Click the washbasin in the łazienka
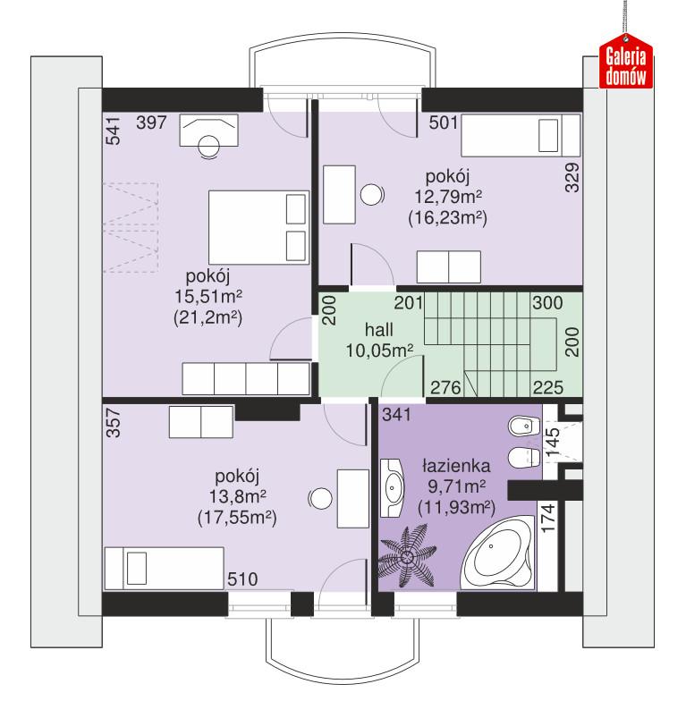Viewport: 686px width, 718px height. pyautogui.click(x=394, y=487)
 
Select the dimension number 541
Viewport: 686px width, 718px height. pyautogui.click(x=113, y=131)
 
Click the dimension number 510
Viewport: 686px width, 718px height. pyautogui.click(x=241, y=579)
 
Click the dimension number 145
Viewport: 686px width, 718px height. pyautogui.click(x=552, y=443)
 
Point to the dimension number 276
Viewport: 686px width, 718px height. pyautogui.click(x=445, y=386)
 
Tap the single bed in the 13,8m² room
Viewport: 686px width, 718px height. pyautogui.click(x=163, y=570)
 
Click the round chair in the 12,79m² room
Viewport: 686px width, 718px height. pyautogui.click(x=371, y=193)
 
